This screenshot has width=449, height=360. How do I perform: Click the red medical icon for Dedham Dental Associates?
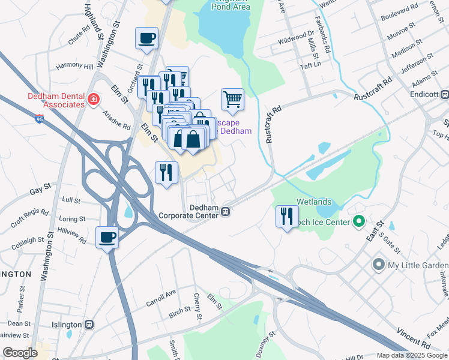[93, 99]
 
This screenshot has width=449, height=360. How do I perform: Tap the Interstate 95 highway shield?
[39, 119]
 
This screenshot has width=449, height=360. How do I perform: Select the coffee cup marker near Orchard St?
[147, 39]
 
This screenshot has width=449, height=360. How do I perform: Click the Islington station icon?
[89, 325]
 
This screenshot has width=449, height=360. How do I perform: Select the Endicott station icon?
[445, 94]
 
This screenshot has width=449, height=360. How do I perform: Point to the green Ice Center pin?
[359, 222]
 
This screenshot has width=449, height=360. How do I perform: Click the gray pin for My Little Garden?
[378, 264]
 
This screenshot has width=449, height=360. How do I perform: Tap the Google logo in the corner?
[20, 352]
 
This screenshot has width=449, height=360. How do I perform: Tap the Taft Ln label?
[308, 63]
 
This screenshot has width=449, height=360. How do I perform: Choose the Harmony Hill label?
[74, 66]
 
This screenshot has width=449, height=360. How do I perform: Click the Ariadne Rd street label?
[118, 118]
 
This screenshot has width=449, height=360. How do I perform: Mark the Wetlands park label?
[312, 202]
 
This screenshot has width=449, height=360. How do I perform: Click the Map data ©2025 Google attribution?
[412, 355]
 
